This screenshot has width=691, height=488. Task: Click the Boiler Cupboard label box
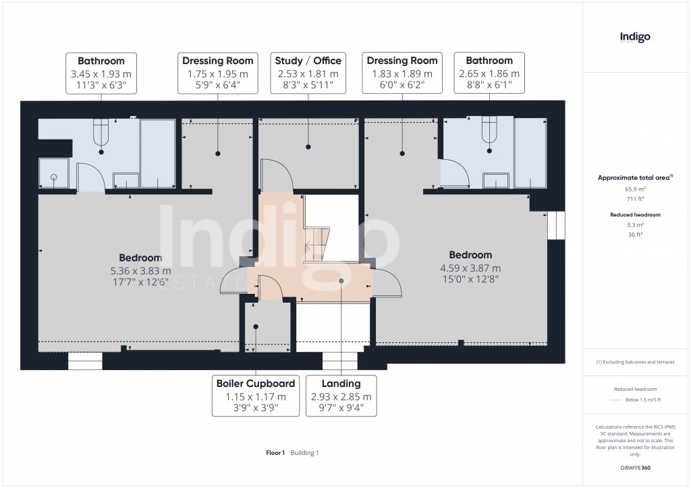(x=256, y=396)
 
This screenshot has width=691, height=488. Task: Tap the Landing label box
(x=341, y=396)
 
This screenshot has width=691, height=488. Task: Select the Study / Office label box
(x=308, y=73)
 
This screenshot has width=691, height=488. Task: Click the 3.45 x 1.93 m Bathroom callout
(x=101, y=73)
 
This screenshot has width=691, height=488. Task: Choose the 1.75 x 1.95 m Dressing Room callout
(x=217, y=73)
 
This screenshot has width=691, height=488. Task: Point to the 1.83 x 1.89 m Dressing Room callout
(x=402, y=73)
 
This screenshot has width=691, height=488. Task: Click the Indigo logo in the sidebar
(x=635, y=38)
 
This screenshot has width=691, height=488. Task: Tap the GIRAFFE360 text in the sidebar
(x=636, y=468)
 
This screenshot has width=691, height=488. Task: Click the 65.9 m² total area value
(x=634, y=189)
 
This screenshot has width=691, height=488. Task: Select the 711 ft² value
(x=634, y=200)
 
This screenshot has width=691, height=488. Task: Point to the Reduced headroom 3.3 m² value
(x=634, y=224)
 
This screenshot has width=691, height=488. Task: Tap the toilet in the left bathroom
(x=101, y=132)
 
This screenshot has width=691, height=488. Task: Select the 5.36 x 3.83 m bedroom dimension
(x=140, y=270)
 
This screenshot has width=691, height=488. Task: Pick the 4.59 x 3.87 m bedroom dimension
(x=471, y=268)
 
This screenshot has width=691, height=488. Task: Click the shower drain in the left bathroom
(x=54, y=178)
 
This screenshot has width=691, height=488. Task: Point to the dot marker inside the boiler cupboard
(x=256, y=327)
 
